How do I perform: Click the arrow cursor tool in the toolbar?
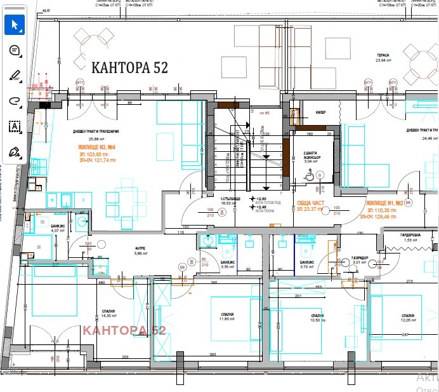point(15,25)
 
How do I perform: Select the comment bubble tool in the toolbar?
point(15,50)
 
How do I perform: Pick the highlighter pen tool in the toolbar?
point(15,75)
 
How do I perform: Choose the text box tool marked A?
point(15,126)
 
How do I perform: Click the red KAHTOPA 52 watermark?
point(124,330)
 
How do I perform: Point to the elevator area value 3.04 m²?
point(310,161)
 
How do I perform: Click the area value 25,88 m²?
point(96,139)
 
